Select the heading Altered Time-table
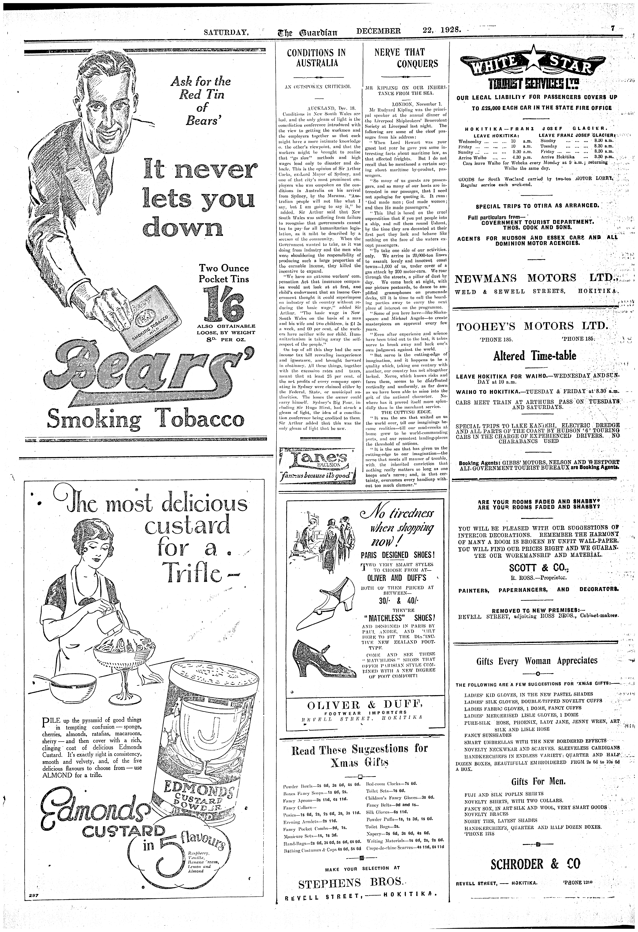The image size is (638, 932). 533,356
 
